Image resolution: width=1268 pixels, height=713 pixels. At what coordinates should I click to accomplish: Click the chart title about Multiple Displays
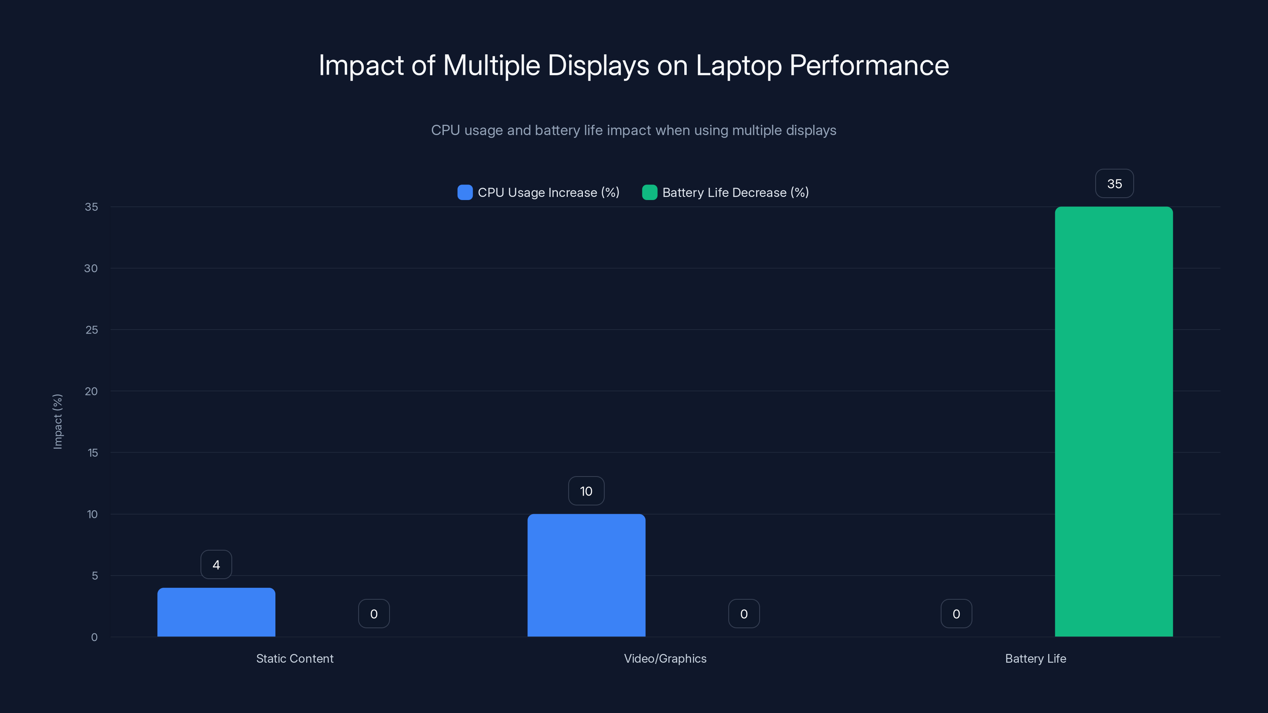634,65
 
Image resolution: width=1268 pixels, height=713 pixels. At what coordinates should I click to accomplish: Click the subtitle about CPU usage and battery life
634,130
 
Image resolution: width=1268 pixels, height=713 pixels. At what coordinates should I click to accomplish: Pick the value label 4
216,564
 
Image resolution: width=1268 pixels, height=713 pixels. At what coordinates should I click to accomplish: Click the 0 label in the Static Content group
374,614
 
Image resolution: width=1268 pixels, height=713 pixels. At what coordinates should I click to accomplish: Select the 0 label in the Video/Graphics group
744,614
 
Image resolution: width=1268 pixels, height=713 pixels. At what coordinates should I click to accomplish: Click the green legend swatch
649,193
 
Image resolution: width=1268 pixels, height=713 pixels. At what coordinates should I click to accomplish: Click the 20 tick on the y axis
91,391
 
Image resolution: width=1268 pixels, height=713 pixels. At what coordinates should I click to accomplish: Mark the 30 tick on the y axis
91,268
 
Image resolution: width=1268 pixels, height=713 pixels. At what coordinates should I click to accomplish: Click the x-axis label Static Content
294,658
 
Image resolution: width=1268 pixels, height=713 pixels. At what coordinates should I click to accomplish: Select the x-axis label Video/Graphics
665,658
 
